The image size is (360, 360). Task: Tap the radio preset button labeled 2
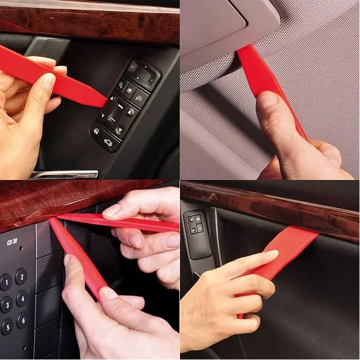pos(22,276)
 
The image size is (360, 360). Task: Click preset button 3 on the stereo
pos(7,304)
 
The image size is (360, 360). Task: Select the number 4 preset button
pos(22,299)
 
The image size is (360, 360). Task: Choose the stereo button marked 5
pos(7,327)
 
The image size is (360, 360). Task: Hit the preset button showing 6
pos(23,320)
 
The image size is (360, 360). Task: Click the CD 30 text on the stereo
pos(12,242)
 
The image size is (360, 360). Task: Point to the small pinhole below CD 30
pos(21,248)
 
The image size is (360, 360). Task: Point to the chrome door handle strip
pos(64,175)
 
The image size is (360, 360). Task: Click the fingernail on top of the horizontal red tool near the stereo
pos(112,210)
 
